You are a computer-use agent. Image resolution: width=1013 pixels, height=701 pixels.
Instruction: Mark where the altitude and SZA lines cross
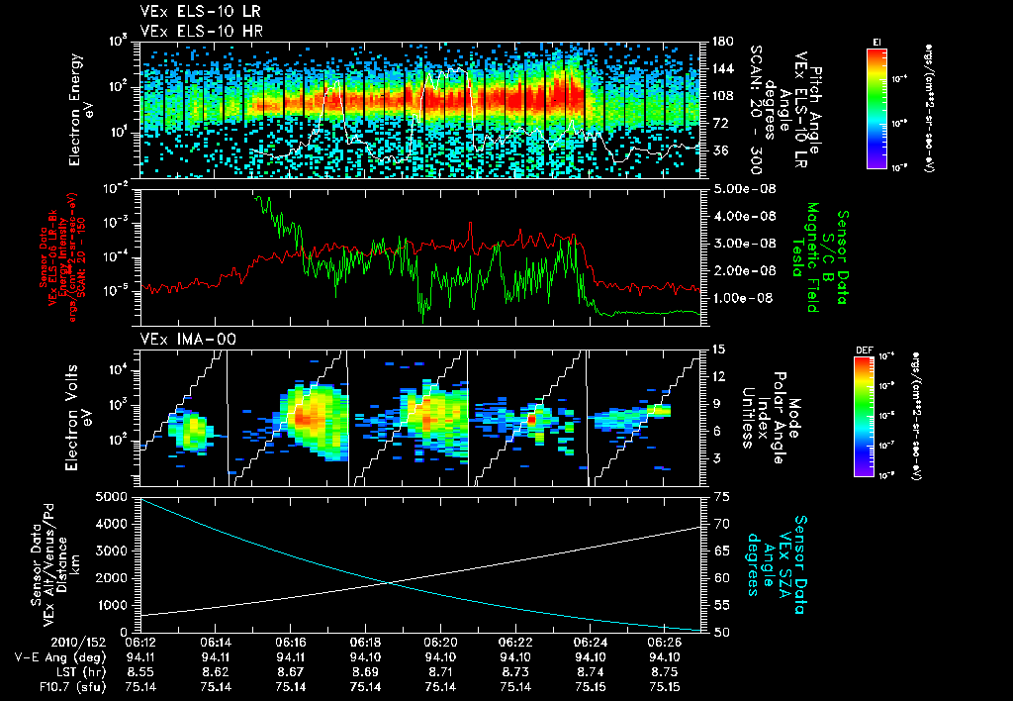(387, 582)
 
